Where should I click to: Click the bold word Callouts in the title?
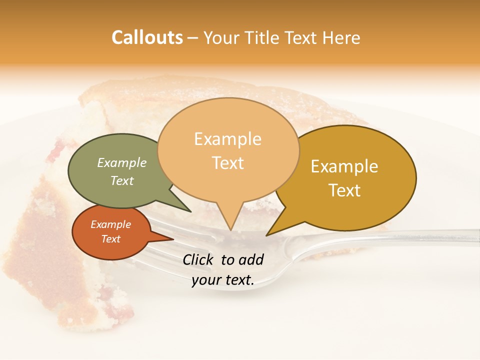pyautogui.click(x=147, y=37)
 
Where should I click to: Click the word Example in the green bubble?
pyautogui.click(x=121, y=162)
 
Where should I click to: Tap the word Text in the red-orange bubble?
pyautogui.click(x=110, y=239)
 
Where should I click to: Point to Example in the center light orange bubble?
pyautogui.click(x=227, y=139)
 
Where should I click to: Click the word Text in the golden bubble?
pyautogui.click(x=344, y=190)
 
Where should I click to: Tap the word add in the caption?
pyautogui.click(x=252, y=259)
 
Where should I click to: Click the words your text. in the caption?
pyautogui.click(x=222, y=280)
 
